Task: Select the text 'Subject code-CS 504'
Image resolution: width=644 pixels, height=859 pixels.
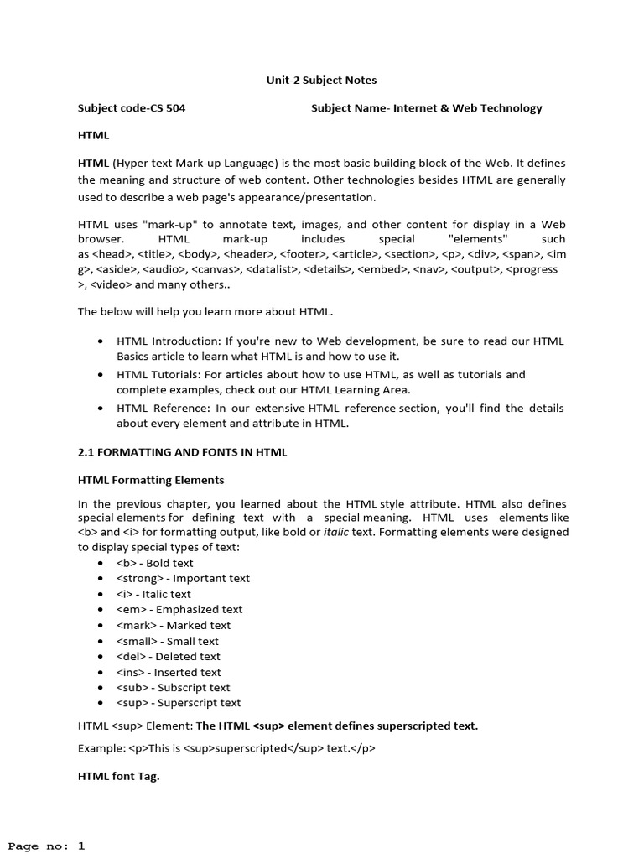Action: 132,108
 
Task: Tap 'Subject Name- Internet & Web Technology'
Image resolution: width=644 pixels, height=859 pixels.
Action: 426,108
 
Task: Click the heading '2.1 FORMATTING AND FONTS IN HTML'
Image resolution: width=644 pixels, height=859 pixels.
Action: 182,452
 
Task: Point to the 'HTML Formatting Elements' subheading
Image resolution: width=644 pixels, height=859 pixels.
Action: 151,480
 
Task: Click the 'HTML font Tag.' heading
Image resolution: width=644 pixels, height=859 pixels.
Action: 118,777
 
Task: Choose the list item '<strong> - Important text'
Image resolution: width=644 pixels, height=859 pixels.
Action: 183,578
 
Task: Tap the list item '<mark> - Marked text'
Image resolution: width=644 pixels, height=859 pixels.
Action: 174,625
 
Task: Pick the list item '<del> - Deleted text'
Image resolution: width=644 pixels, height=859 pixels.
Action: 169,656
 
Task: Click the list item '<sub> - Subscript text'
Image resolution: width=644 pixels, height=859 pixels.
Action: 173,687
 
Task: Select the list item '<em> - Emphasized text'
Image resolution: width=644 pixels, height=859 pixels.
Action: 179,609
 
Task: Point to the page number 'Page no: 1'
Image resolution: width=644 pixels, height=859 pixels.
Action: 47,846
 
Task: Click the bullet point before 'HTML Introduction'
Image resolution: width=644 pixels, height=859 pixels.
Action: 101,341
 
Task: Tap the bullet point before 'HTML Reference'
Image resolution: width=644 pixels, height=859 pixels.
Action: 101,409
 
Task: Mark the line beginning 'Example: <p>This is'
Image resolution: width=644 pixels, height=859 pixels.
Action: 226,748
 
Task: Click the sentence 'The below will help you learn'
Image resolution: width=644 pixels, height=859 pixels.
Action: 205,312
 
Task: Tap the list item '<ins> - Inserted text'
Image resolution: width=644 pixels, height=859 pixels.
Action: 169,672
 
